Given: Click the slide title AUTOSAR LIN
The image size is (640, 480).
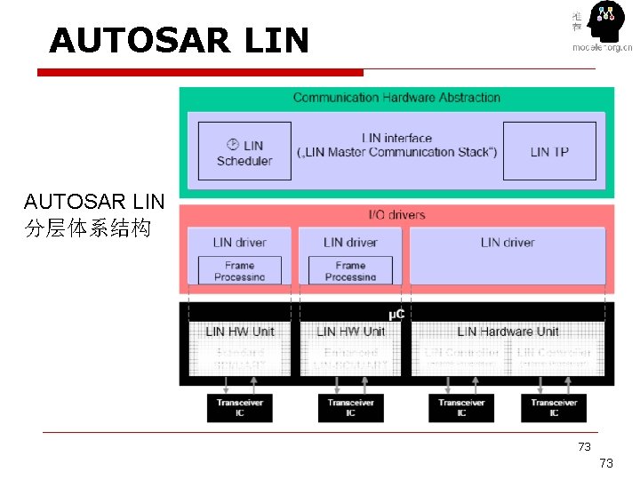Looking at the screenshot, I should [x=179, y=40].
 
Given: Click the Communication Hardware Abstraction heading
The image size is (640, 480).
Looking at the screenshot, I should [x=396, y=98].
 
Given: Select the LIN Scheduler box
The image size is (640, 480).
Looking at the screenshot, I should [x=244, y=152].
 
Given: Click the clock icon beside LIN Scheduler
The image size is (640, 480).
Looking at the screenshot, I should [x=233, y=144].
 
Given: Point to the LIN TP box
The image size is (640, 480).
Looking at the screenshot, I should [x=549, y=152].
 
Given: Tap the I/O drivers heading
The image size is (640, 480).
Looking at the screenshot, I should [x=396, y=214].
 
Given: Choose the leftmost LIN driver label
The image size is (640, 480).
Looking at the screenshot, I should [x=239, y=242].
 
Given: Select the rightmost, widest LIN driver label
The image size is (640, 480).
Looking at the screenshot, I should [x=508, y=242].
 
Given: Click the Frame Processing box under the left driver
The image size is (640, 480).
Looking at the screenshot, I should [x=239, y=270].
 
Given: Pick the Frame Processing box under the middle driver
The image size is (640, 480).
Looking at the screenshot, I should [x=350, y=270].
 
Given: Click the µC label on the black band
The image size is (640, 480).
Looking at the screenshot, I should [x=396, y=315].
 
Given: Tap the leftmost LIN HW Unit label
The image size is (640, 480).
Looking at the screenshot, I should [x=239, y=332].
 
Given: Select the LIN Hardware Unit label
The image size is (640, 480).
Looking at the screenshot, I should [x=508, y=332].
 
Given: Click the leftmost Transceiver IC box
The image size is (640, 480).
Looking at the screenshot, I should [x=239, y=407].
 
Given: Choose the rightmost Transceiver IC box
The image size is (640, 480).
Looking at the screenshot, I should [x=554, y=407].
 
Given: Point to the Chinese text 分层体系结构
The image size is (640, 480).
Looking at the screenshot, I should [x=88, y=228].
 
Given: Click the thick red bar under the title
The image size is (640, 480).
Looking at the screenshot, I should [x=205, y=72].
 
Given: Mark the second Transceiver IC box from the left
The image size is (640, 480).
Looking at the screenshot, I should [x=350, y=407].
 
